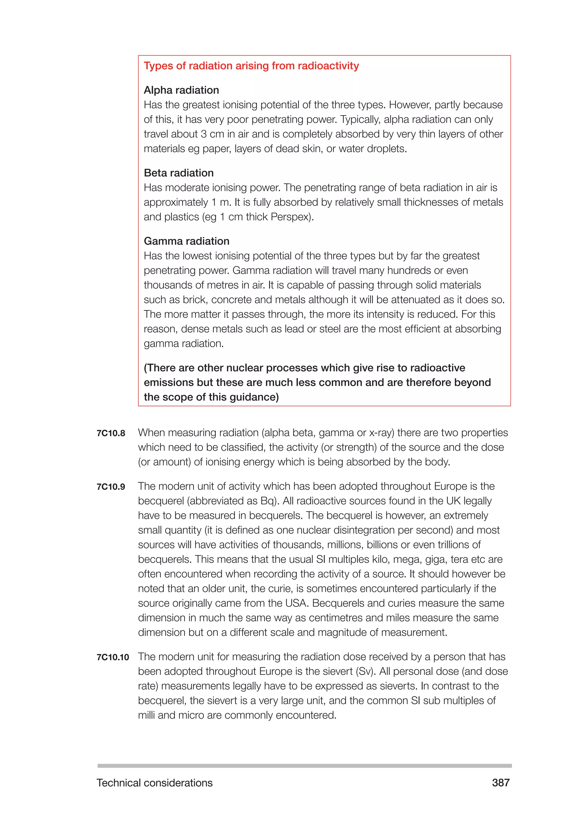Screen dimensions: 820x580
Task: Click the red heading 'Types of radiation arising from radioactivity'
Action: (x=251, y=66)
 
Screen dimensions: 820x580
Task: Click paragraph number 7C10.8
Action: (x=111, y=433)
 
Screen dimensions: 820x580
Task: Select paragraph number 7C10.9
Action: (x=111, y=487)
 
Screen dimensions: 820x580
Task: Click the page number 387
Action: (x=500, y=783)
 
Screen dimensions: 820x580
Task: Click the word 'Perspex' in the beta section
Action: (x=290, y=217)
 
